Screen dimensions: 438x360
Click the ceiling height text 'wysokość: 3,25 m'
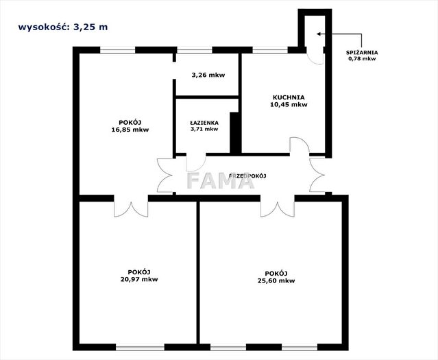coord(63,27)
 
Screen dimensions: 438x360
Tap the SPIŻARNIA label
coord(362,53)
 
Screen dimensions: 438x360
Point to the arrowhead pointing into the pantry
coord(319,34)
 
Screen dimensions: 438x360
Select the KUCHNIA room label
coord(289,97)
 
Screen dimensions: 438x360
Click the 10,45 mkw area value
coord(289,104)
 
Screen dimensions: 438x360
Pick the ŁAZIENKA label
coord(204,123)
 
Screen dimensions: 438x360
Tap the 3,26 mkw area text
coord(208,75)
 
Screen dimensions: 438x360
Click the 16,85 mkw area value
coord(130,130)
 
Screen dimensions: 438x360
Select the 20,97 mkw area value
coord(139,279)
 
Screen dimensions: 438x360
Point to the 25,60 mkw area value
coord(276,280)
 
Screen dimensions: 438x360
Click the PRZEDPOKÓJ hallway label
coord(247,176)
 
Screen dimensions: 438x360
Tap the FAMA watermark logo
coord(221,180)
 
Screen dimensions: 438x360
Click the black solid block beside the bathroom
coord(236,133)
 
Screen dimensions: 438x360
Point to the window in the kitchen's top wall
coord(270,50)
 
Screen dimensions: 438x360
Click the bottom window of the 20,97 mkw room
coord(140,347)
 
